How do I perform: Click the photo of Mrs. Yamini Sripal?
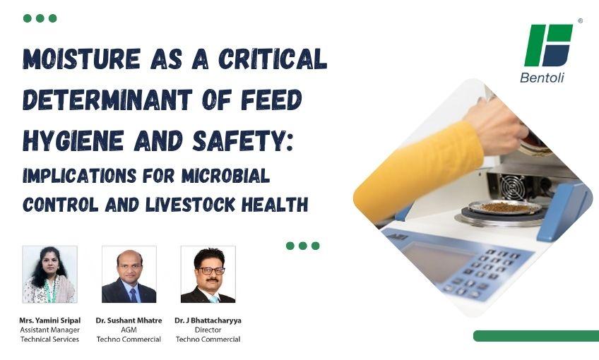coord(49,275)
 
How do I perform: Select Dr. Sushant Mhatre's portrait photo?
coord(129,275)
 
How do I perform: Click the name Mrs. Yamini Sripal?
coord(49,320)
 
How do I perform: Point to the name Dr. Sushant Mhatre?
coord(129,320)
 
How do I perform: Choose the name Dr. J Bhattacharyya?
coord(208,320)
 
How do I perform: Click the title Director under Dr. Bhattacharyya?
coord(208,330)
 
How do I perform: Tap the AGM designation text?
coord(129,330)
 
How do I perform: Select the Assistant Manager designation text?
coord(49,330)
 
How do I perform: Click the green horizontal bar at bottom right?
coord(535,336)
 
